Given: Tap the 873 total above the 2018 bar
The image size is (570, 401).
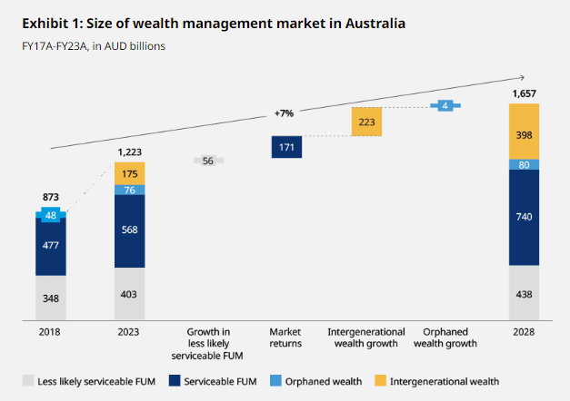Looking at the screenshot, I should (51, 197).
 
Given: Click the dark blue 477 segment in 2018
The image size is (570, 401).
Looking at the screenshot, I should (51, 245).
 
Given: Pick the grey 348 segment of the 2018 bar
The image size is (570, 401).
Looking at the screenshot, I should (51, 298).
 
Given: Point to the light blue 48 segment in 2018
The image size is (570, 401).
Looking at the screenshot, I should (51, 215).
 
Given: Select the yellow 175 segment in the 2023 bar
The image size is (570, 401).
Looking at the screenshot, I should (129, 173).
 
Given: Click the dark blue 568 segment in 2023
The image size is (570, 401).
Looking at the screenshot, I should (129, 229).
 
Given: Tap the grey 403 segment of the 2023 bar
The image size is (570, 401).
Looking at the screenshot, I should (129, 293).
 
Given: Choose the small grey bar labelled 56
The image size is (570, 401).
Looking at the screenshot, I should (208, 161).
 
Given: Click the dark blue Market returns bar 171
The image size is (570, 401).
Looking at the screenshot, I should (286, 146).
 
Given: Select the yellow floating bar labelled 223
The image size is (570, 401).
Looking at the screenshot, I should (365, 122).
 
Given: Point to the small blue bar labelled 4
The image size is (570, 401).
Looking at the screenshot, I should (445, 106).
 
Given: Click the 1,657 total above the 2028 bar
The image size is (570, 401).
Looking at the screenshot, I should (524, 93).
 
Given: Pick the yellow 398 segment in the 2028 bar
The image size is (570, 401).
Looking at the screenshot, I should (524, 133).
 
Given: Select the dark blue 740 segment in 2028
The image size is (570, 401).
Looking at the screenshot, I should (524, 217).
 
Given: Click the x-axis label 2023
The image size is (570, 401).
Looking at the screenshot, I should (129, 332).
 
